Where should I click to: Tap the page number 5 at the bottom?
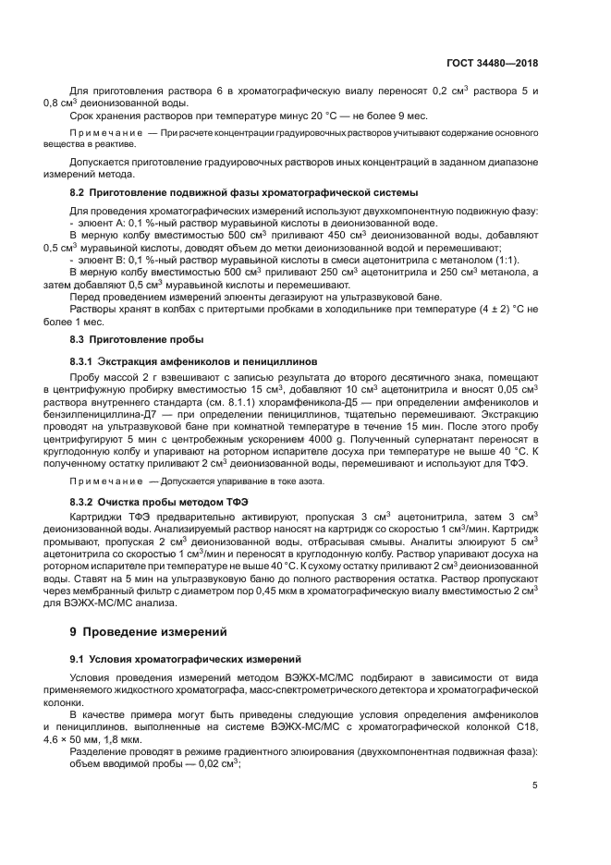coord(535,786)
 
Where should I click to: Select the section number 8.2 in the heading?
coord(78,192)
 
